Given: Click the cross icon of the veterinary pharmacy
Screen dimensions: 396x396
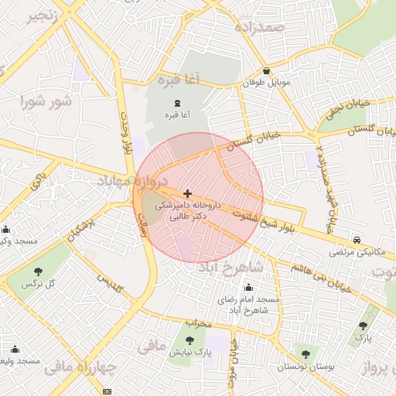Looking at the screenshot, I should pos(188,193).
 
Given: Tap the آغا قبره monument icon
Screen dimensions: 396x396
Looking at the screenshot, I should pos(179,102).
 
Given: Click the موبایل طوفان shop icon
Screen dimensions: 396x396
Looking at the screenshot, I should pos(266,70).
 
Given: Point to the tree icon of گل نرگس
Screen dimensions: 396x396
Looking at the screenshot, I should pos(38,271).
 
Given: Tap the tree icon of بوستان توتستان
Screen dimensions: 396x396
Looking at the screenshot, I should pos(306,354).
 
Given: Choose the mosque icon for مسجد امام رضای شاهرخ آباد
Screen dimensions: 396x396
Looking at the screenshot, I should pos(248,288).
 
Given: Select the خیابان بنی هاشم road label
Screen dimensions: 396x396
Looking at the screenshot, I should pos(323,278).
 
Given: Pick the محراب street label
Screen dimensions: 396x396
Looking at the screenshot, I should pos(199,322).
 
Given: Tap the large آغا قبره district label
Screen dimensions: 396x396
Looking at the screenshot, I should pos(177,80).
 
